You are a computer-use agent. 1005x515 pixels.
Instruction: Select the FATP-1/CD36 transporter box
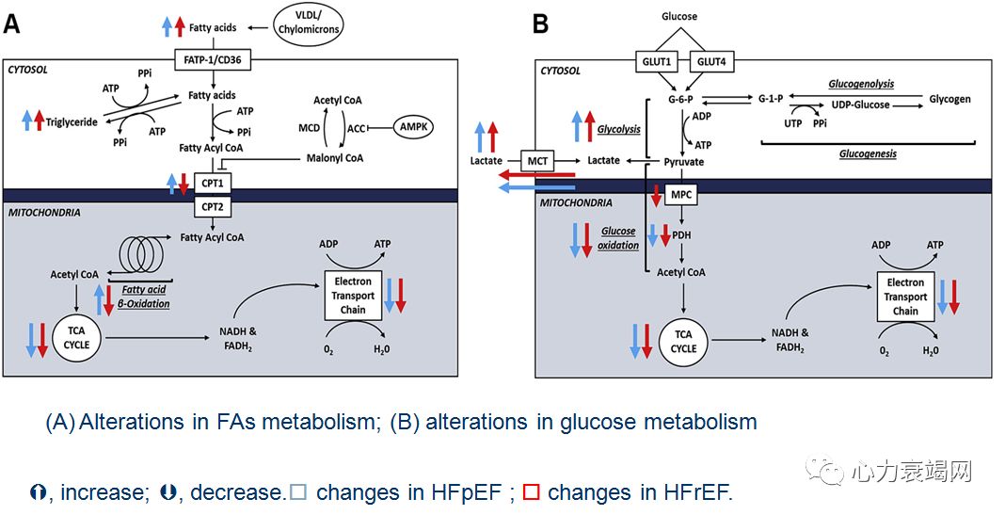213,60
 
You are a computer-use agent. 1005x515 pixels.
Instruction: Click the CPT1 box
213,182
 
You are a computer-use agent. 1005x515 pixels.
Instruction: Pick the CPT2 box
213,205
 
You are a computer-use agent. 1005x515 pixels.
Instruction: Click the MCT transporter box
537,161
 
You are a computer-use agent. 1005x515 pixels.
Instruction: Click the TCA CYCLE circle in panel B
683,341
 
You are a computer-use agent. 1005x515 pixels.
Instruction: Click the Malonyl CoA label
335,158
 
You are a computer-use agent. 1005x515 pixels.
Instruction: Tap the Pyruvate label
683,162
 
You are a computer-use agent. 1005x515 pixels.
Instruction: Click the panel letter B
540,24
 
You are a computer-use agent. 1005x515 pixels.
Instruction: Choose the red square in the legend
531,492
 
